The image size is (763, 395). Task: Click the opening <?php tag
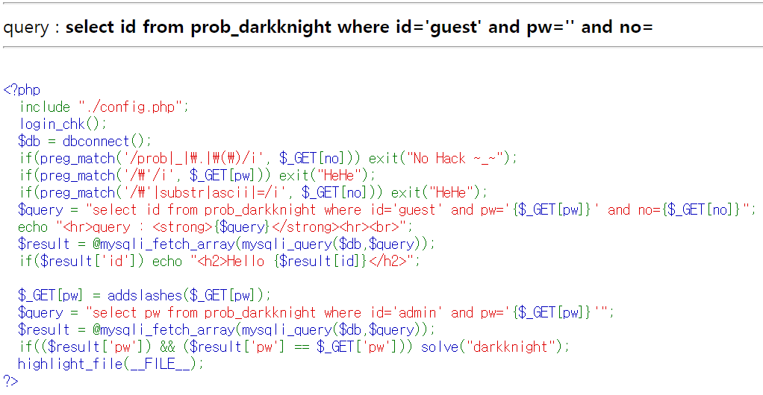tap(22, 90)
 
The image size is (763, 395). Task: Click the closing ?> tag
tap(10, 381)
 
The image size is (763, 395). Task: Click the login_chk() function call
tap(63, 124)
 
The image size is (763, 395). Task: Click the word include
tap(44, 107)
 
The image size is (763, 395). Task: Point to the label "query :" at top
tap(32, 28)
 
